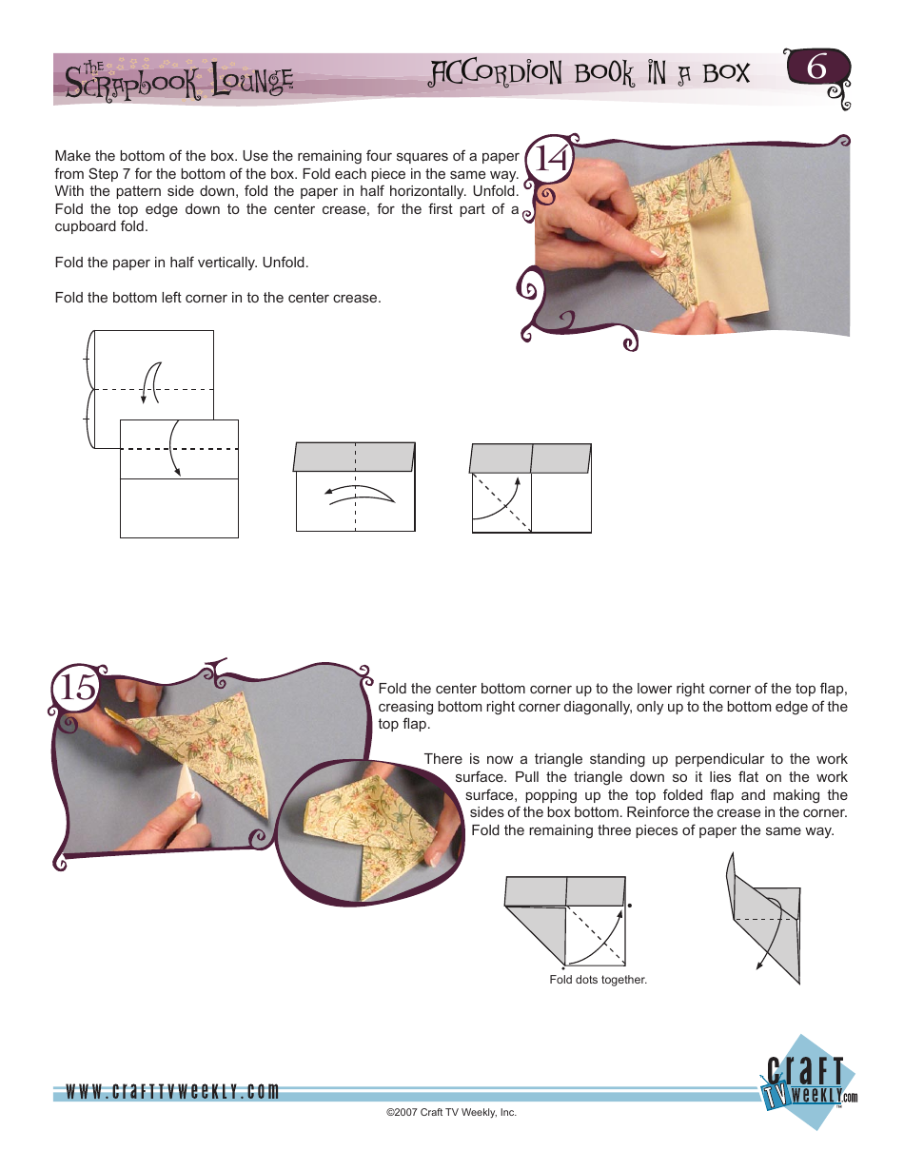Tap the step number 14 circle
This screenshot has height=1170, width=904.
pos(551,160)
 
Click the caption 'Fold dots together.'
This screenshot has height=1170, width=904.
pos(598,980)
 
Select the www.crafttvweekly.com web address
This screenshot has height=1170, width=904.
pos(172,1092)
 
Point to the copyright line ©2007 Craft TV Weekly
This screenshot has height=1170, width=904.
pos(451,1112)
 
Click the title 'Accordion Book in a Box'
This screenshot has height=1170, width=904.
pos(590,74)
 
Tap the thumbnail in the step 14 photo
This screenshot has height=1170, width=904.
pos(655,250)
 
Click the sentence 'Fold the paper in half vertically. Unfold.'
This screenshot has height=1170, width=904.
pos(182,262)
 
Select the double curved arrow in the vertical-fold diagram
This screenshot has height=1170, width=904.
pos(359,493)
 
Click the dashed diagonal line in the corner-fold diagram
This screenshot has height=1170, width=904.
pos(500,502)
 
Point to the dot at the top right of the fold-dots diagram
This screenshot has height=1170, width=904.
pos(630,907)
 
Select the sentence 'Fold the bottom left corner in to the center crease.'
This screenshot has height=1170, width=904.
pos(217,298)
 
